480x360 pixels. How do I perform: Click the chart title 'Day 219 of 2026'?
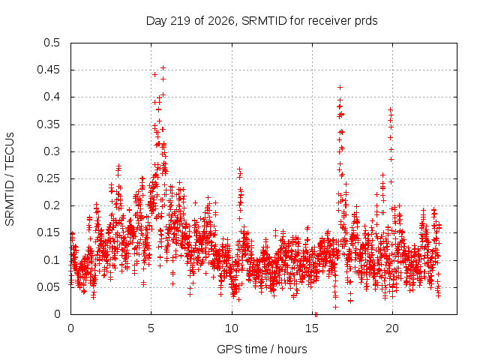(190, 21)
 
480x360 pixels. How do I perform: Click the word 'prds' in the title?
(366, 21)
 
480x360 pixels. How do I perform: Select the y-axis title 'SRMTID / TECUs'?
(10, 179)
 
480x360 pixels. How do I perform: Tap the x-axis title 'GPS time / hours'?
(262, 349)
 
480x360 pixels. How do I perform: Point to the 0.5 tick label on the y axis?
(52, 43)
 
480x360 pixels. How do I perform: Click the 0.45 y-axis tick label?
(48, 70)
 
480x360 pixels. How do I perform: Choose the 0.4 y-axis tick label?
(52, 97)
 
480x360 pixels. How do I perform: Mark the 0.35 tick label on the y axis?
(48, 124)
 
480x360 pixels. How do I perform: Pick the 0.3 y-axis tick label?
(52, 151)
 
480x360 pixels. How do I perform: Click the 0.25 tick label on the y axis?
(48, 178)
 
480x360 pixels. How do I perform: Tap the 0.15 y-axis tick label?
(48, 232)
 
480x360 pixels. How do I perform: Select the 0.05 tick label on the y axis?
(48, 287)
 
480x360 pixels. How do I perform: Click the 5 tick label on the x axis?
(151, 328)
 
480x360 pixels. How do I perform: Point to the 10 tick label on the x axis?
(232, 328)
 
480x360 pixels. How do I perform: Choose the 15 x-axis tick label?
(312, 328)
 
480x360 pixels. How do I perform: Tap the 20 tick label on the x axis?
(392, 328)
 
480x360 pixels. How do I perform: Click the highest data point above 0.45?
(163, 67)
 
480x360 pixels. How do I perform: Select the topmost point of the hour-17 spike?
(340, 88)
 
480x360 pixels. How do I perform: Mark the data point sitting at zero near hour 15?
(316, 314)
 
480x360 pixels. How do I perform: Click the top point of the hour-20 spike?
(390, 109)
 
